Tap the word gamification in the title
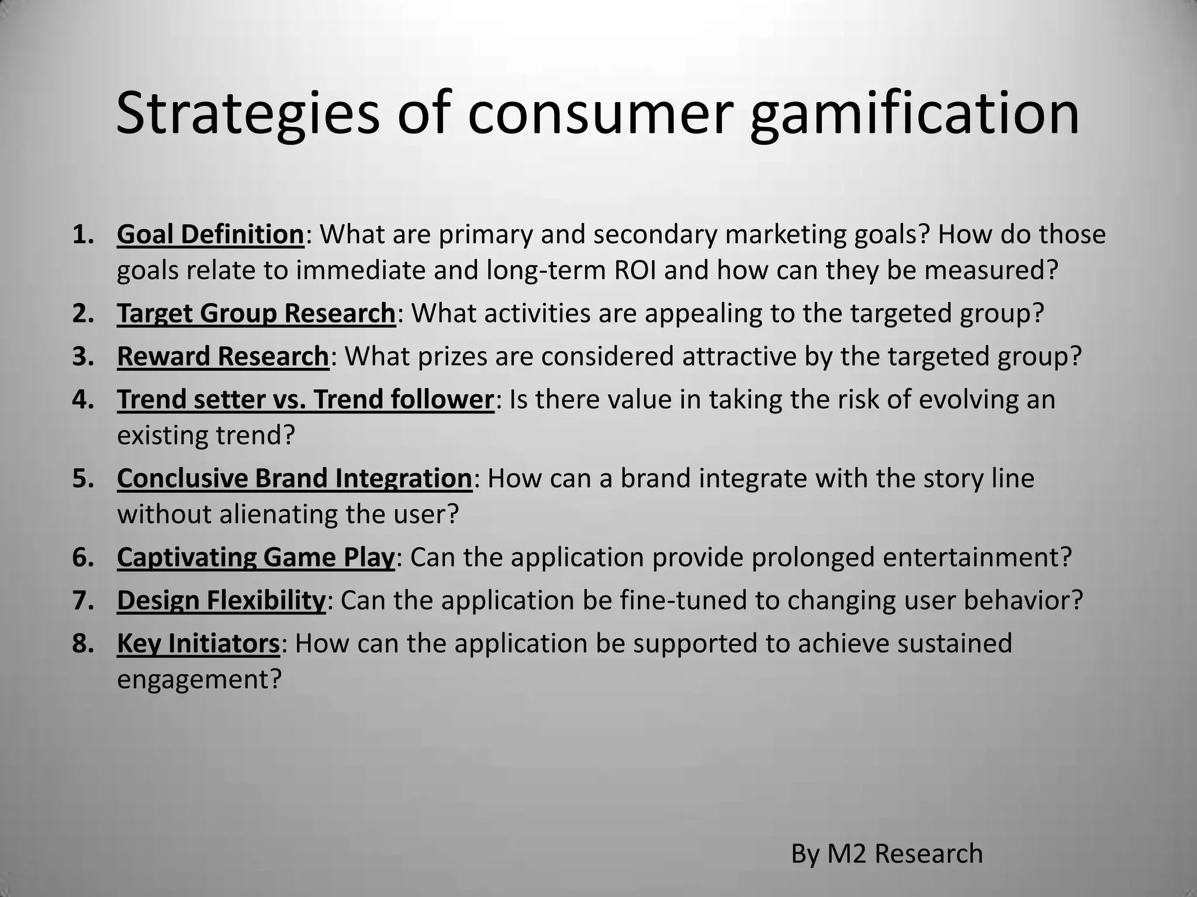[x=914, y=114]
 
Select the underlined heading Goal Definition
[x=210, y=235]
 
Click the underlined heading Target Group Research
[x=256, y=314]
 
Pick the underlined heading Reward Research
[x=223, y=357]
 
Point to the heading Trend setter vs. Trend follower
[x=305, y=400]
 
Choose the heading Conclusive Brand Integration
[x=294, y=478]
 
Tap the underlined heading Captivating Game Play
[x=256, y=557]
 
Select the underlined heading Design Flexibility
[x=221, y=600]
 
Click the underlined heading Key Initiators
[x=198, y=644]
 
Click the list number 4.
[x=82, y=400]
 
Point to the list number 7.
[x=82, y=600]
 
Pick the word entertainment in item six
[x=977, y=557]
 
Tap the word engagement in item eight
[x=199, y=680]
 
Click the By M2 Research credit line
[x=887, y=854]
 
